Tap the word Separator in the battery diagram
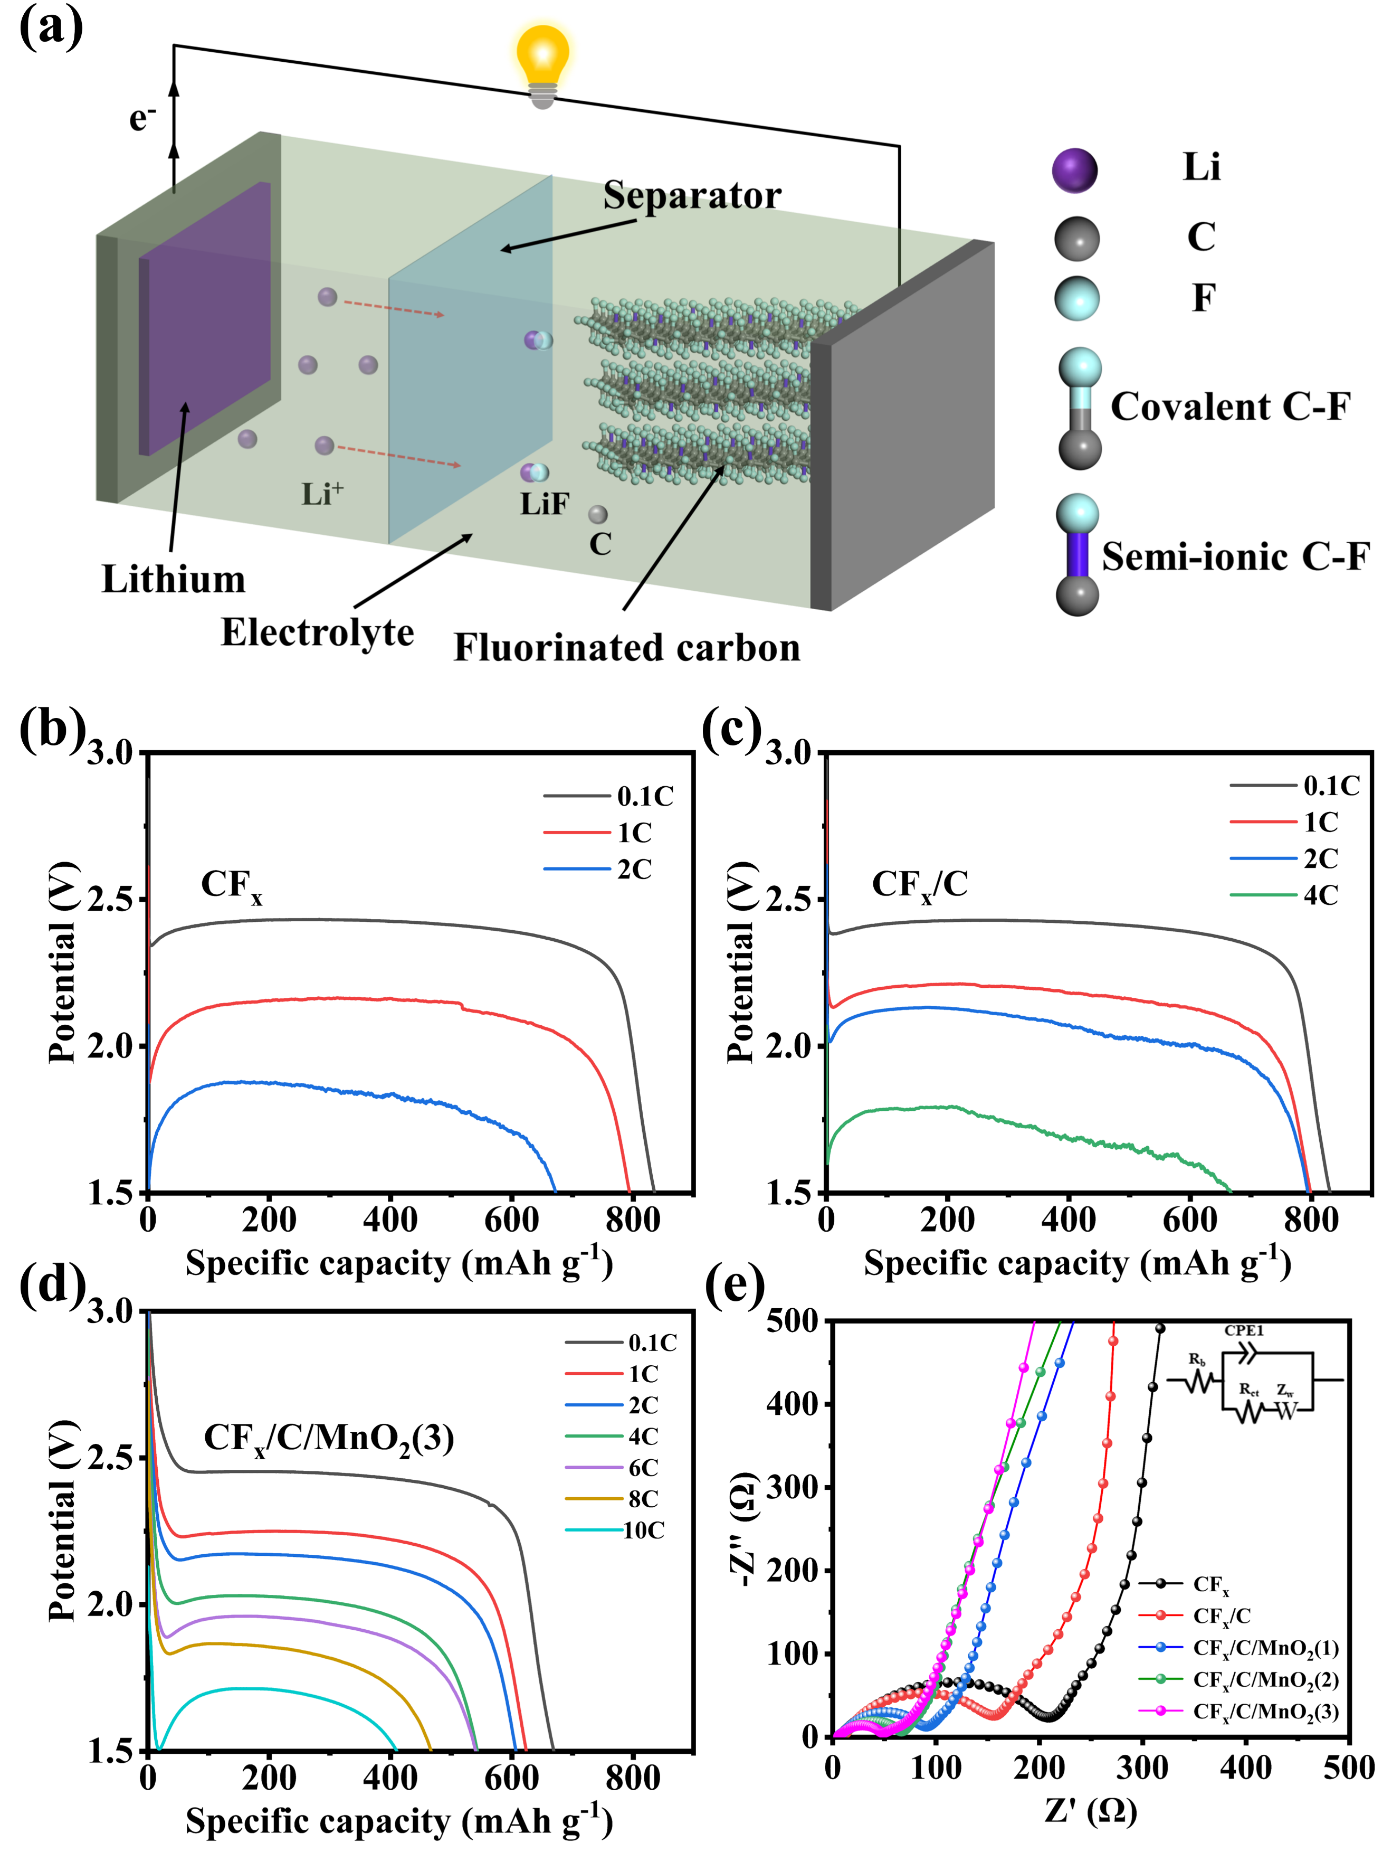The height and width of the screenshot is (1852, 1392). point(692,196)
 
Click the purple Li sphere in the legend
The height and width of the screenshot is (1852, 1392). point(1075,170)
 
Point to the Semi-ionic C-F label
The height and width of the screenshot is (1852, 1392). point(1235,557)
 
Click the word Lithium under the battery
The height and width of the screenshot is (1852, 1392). point(173,579)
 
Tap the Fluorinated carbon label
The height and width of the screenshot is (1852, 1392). point(627,648)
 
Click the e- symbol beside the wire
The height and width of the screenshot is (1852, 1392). point(142,118)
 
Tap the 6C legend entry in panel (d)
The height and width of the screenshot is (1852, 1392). point(612,1468)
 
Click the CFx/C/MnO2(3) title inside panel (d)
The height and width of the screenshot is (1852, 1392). point(329,1439)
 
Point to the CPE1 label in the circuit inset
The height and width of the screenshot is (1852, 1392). point(1244,1330)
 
